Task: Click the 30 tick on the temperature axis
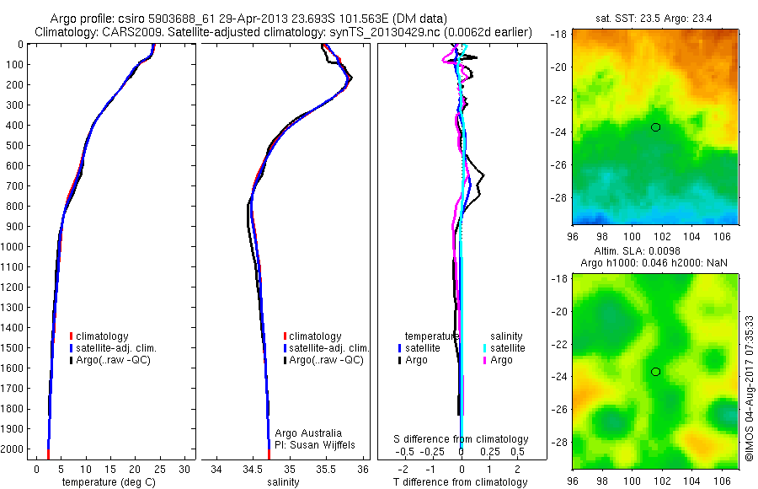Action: (x=187, y=468)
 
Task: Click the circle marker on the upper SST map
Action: (x=655, y=127)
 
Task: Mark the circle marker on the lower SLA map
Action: (x=655, y=372)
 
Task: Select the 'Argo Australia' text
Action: (x=309, y=433)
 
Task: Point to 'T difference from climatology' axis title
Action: (x=462, y=482)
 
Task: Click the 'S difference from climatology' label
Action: (x=462, y=439)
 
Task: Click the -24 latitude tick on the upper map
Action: (x=559, y=132)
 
